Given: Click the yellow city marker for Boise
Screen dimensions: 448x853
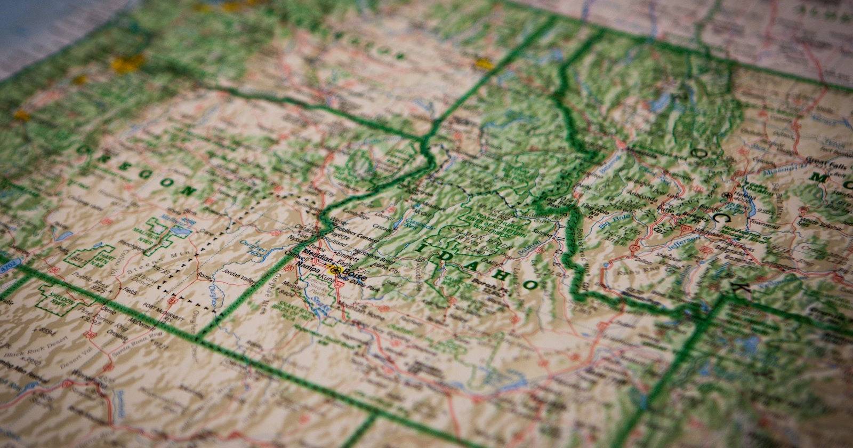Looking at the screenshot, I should (x=335, y=267).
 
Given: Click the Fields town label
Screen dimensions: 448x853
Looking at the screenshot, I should (x=131, y=292).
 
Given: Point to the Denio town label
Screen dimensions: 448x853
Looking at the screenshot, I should (x=110, y=310).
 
